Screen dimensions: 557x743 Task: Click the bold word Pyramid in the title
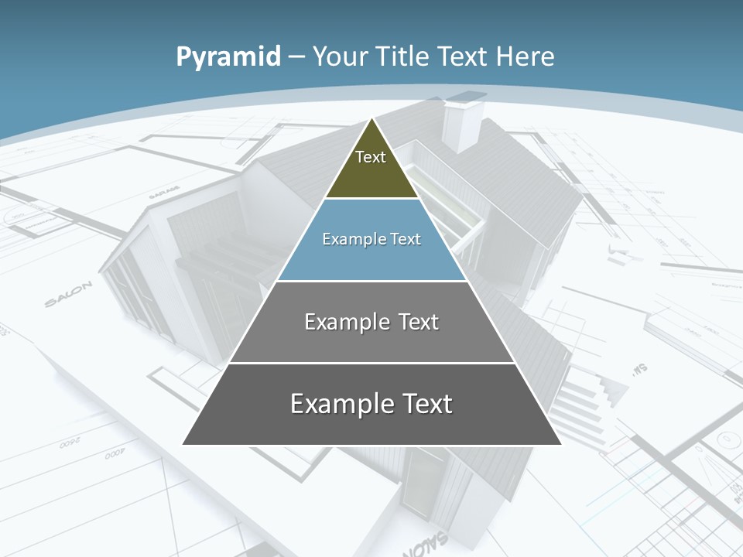[x=228, y=57]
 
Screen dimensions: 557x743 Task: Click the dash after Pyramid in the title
[x=296, y=57]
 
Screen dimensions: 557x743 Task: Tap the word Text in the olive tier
[x=371, y=157]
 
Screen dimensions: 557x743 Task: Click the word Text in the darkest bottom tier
[x=427, y=404]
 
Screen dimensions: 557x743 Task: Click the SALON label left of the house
[x=68, y=295]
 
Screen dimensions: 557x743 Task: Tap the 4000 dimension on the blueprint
[x=115, y=456]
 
